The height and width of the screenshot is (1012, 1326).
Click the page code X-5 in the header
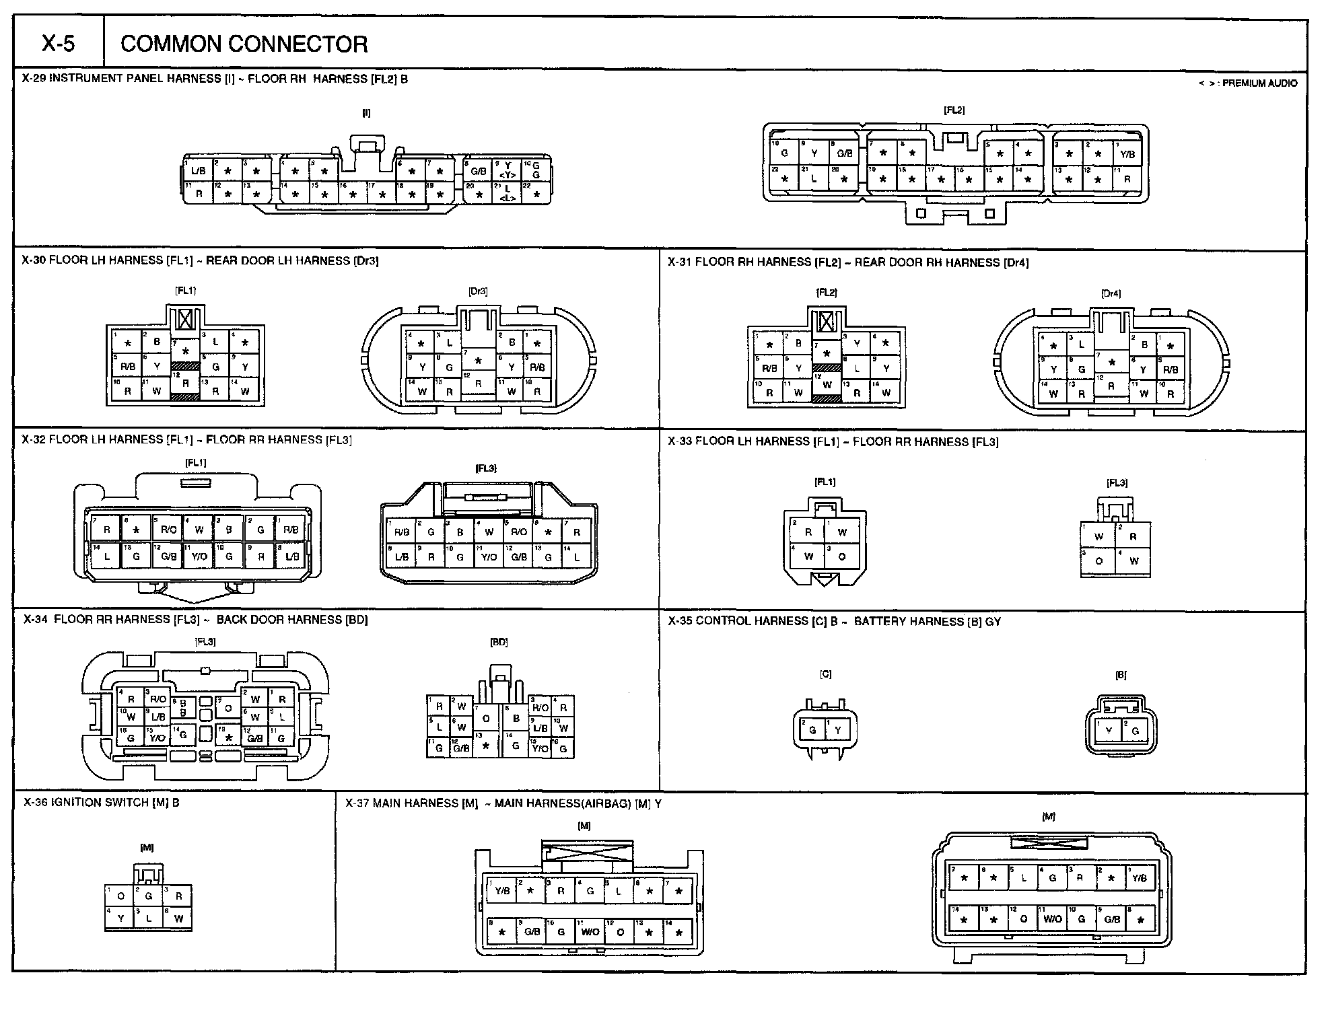click(59, 44)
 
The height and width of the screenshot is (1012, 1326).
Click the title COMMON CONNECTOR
click(244, 44)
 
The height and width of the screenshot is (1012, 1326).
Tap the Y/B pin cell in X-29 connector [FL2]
click(1127, 154)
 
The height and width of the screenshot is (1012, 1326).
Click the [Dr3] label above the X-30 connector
click(477, 291)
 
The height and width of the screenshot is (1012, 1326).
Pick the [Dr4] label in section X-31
click(1111, 293)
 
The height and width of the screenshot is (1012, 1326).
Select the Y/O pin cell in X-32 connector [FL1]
click(199, 556)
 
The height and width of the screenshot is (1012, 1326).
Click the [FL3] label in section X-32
click(485, 468)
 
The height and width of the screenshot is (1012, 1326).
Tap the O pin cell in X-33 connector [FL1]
click(841, 556)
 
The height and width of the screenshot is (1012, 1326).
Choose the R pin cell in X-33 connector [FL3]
click(1133, 537)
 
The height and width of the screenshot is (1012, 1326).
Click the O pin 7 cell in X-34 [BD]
click(486, 718)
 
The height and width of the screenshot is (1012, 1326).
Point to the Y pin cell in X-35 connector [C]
click(838, 730)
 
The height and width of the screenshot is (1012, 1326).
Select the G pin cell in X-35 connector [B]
click(1135, 731)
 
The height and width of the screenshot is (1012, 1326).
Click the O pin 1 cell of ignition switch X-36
click(120, 896)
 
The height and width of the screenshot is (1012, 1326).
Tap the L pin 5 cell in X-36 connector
click(149, 918)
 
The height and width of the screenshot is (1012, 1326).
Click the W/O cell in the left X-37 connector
click(590, 932)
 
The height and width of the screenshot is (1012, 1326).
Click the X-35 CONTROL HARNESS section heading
click(834, 621)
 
